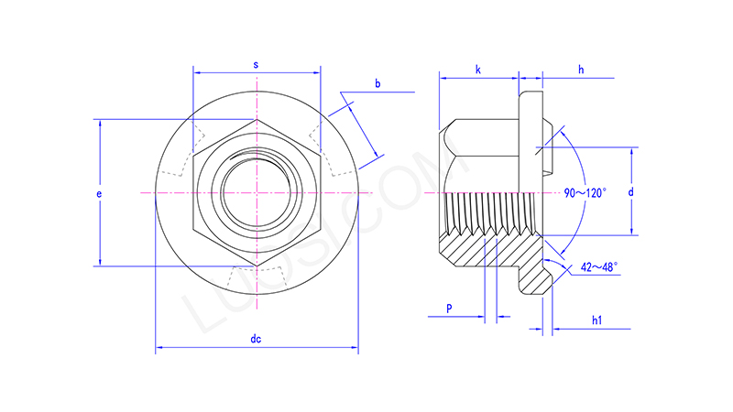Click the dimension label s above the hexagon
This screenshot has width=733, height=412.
[256, 65]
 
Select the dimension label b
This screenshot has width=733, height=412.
[377, 84]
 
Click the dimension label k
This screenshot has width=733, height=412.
[478, 70]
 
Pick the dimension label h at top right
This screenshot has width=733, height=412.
[581, 70]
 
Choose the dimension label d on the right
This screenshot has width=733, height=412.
[630, 192]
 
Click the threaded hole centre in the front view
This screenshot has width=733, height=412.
[258, 193]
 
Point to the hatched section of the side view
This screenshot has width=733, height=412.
[486, 243]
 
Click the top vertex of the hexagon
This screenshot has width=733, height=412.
[258, 119]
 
